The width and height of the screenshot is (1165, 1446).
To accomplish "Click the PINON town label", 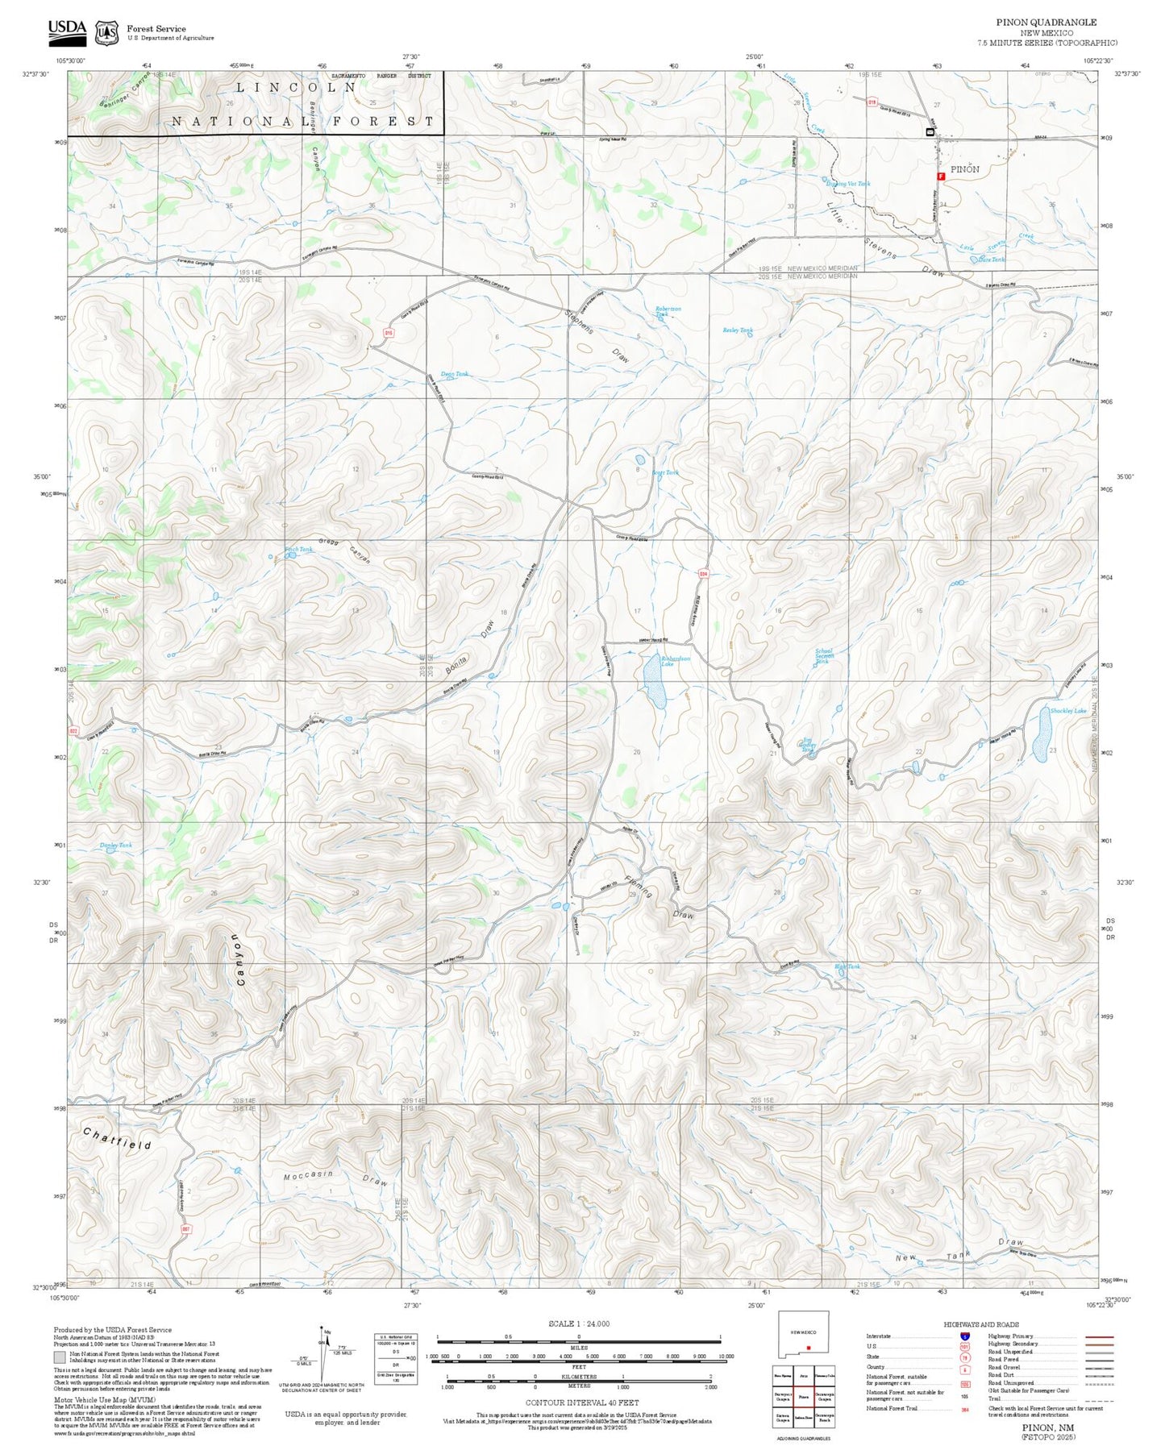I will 964,169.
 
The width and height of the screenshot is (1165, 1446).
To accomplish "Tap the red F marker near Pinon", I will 940,176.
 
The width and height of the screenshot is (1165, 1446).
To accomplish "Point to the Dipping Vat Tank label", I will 848,184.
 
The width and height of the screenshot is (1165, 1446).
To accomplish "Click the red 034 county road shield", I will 703,573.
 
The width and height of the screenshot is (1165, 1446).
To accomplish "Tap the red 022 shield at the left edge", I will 73,731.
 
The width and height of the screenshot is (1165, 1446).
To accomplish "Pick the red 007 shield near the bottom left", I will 186,1229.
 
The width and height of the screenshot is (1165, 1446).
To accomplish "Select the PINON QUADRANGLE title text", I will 1046,23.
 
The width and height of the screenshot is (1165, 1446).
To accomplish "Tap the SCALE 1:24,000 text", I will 579,1323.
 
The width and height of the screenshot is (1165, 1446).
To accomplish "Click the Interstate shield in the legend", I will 964,1336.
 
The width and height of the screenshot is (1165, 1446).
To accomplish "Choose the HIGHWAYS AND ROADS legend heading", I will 981,1324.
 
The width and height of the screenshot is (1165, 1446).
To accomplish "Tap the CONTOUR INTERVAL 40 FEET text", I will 579,1402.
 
